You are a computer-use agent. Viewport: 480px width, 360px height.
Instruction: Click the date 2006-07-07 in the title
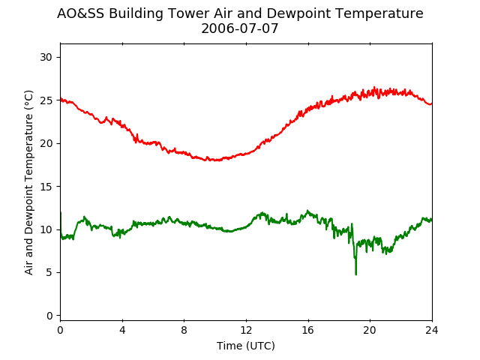coord(240,28)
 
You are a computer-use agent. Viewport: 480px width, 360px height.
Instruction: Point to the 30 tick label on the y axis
coord(46,57)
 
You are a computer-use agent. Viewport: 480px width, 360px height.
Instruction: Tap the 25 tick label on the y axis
coord(46,100)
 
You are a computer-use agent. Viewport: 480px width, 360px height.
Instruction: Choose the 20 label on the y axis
coord(46,143)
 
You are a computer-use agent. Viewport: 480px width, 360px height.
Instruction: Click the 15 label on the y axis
coord(46,187)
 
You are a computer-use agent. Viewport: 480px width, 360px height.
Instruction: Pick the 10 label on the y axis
coord(46,229)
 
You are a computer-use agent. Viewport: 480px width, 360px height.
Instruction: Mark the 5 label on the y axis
coord(49,272)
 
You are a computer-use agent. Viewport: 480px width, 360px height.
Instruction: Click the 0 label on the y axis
coord(49,316)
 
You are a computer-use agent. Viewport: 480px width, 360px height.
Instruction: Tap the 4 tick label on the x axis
coord(122,330)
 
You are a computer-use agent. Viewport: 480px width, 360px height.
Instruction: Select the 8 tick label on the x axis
coord(184,330)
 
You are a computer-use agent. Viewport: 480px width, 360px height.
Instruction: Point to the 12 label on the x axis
coord(246,330)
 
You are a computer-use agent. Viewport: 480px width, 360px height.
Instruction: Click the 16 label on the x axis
coord(308,330)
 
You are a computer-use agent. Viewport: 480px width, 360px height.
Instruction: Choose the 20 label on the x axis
coord(370,330)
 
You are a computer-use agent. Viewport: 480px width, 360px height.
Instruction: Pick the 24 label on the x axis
coord(432,330)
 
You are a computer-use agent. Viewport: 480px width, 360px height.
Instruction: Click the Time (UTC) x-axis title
coord(246,346)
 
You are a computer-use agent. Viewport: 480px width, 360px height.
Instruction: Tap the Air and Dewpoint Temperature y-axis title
coord(28,182)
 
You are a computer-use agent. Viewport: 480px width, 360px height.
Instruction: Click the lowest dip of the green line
coord(356,274)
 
